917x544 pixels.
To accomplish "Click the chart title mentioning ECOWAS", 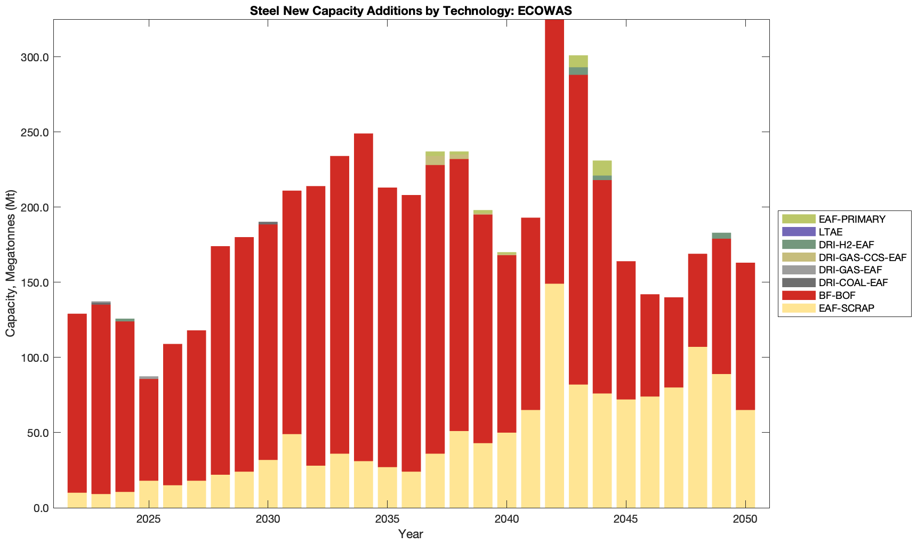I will [x=411, y=11].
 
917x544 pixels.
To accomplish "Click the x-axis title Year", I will [x=411, y=534].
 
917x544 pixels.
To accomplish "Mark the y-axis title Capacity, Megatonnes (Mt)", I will [x=11, y=263].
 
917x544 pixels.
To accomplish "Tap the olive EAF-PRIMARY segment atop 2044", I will [x=602, y=168].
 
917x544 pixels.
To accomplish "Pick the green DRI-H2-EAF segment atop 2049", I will [x=721, y=236].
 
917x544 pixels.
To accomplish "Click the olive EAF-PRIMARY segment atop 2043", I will [x=578, y=61].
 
